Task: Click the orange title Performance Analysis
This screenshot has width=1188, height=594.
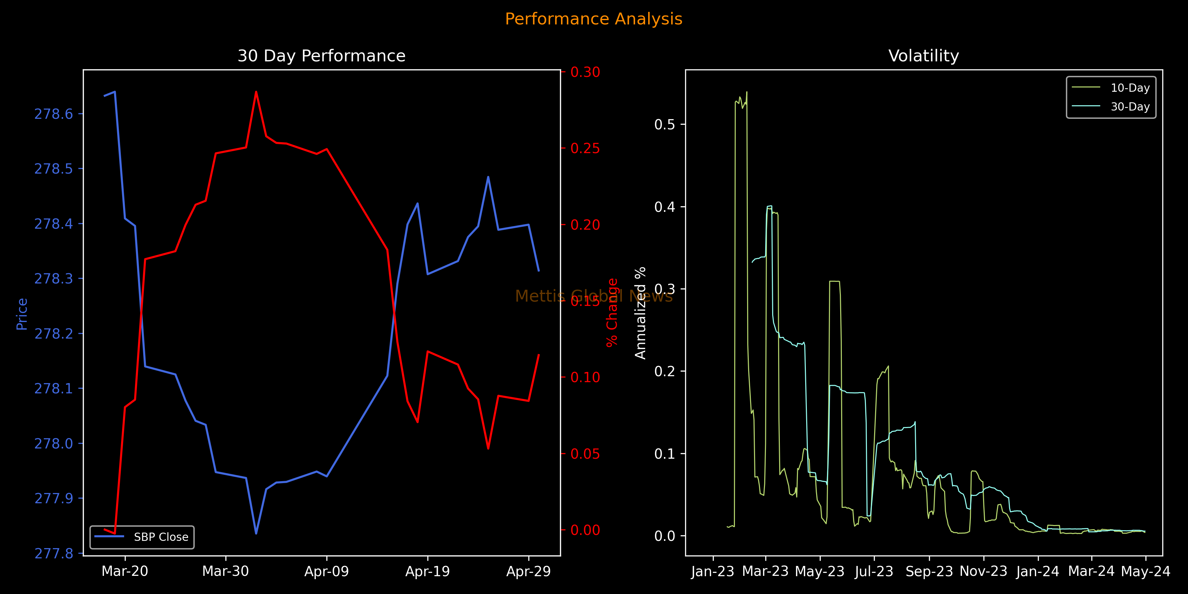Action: point(594,19)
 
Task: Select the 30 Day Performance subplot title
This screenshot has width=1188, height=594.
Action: point(321,56)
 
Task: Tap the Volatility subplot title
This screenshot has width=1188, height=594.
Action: point(923,56)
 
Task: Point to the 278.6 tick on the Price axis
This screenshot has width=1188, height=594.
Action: point(53,114)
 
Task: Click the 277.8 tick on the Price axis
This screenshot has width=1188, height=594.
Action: point(53,553)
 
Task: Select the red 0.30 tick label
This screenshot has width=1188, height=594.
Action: point(585,72)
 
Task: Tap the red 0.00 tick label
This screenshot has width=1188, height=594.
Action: point(585,530)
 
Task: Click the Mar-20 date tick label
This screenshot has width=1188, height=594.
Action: point(124,572)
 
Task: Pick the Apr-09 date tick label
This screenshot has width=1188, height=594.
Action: point(326,572)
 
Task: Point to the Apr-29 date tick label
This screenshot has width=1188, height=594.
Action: point(529,572)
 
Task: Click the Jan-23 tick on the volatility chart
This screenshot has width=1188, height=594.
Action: point(712,572)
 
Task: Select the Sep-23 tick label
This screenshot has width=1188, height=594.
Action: point(929,572)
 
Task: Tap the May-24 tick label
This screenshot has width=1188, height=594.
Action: point(1145,572)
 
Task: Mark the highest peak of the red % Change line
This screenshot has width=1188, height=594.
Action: point(256,92)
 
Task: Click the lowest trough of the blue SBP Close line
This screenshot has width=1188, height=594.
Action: point(256,534)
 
